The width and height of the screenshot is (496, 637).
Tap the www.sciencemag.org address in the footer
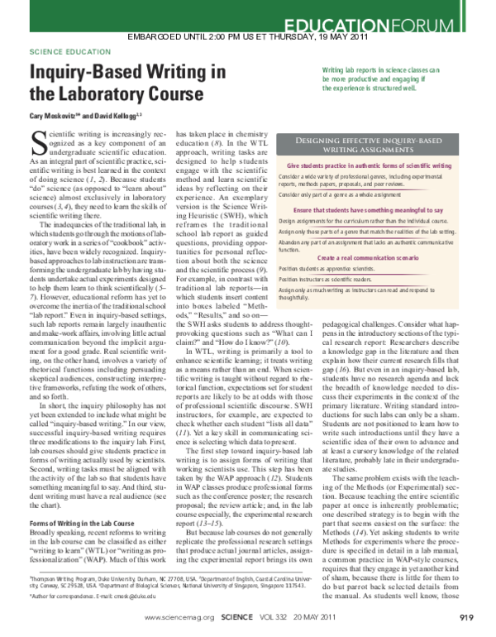pyautogui.click(x=179, y=617)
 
